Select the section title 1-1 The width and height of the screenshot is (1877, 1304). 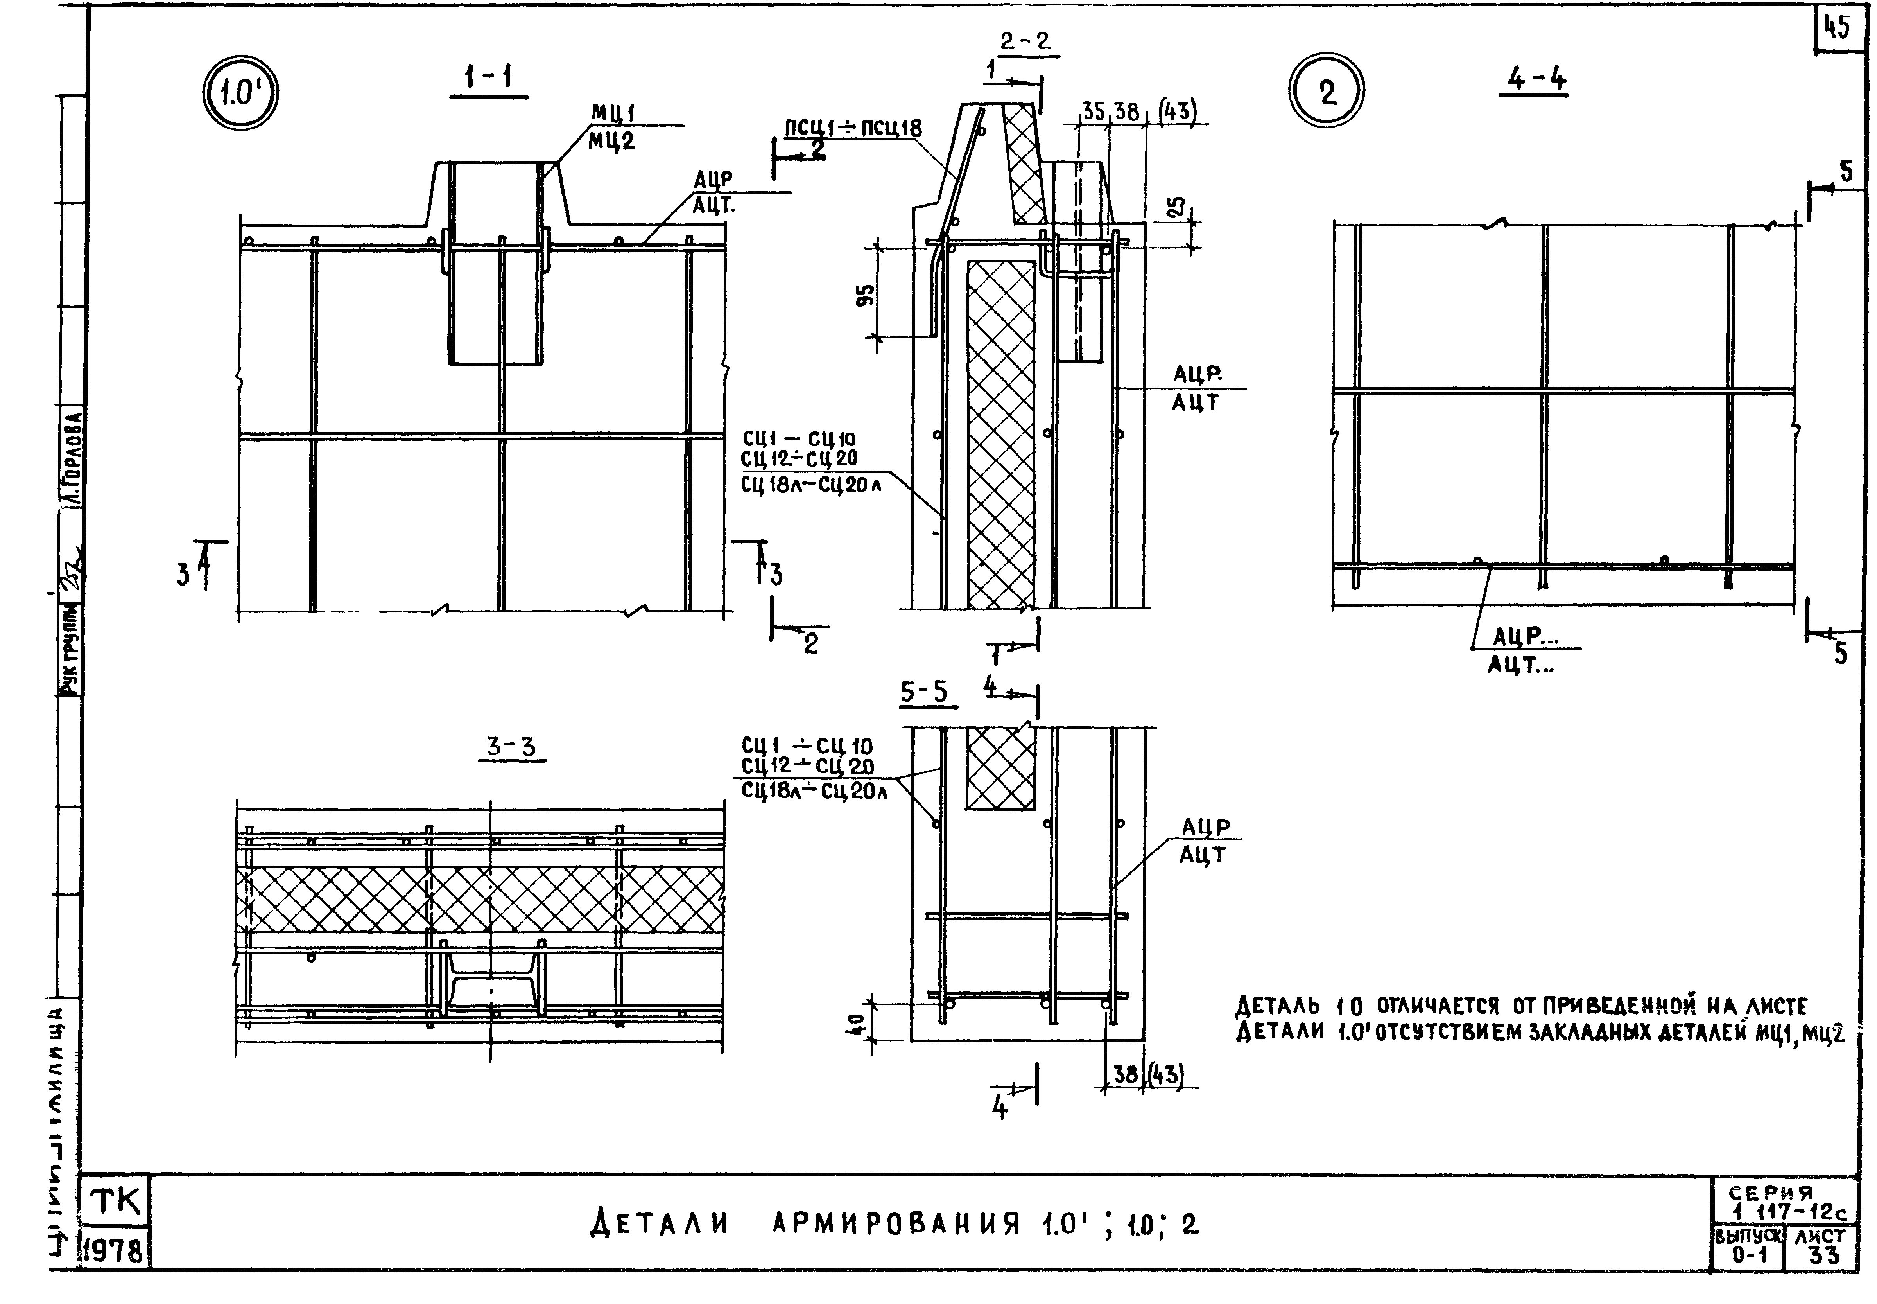[x=488, y=79]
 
